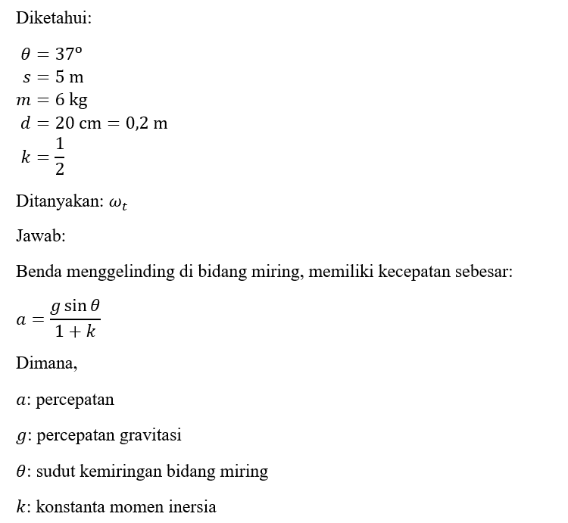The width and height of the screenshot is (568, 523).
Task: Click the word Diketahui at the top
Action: coord(53,18)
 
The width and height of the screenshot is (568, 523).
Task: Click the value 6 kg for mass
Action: coord(73,100)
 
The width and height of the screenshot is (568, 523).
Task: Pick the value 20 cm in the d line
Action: coord(79,123)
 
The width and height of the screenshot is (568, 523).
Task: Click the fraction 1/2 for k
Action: coord(60,157)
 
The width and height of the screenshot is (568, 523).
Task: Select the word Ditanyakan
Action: coord(59,202)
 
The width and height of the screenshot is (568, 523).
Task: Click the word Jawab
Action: coord(40,236)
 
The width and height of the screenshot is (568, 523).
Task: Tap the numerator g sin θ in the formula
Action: coord(75,306)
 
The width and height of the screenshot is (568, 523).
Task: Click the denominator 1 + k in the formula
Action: coord(75,332)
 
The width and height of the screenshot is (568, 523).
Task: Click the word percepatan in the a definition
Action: coord(75,399)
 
